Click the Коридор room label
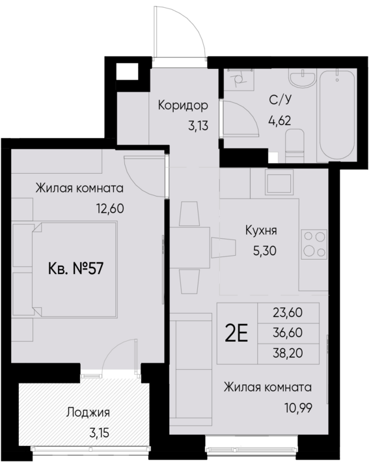183,105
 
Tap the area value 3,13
197,126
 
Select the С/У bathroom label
279,100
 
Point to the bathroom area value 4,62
279,120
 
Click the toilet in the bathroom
297,143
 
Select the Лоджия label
88,412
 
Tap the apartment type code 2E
236,333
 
